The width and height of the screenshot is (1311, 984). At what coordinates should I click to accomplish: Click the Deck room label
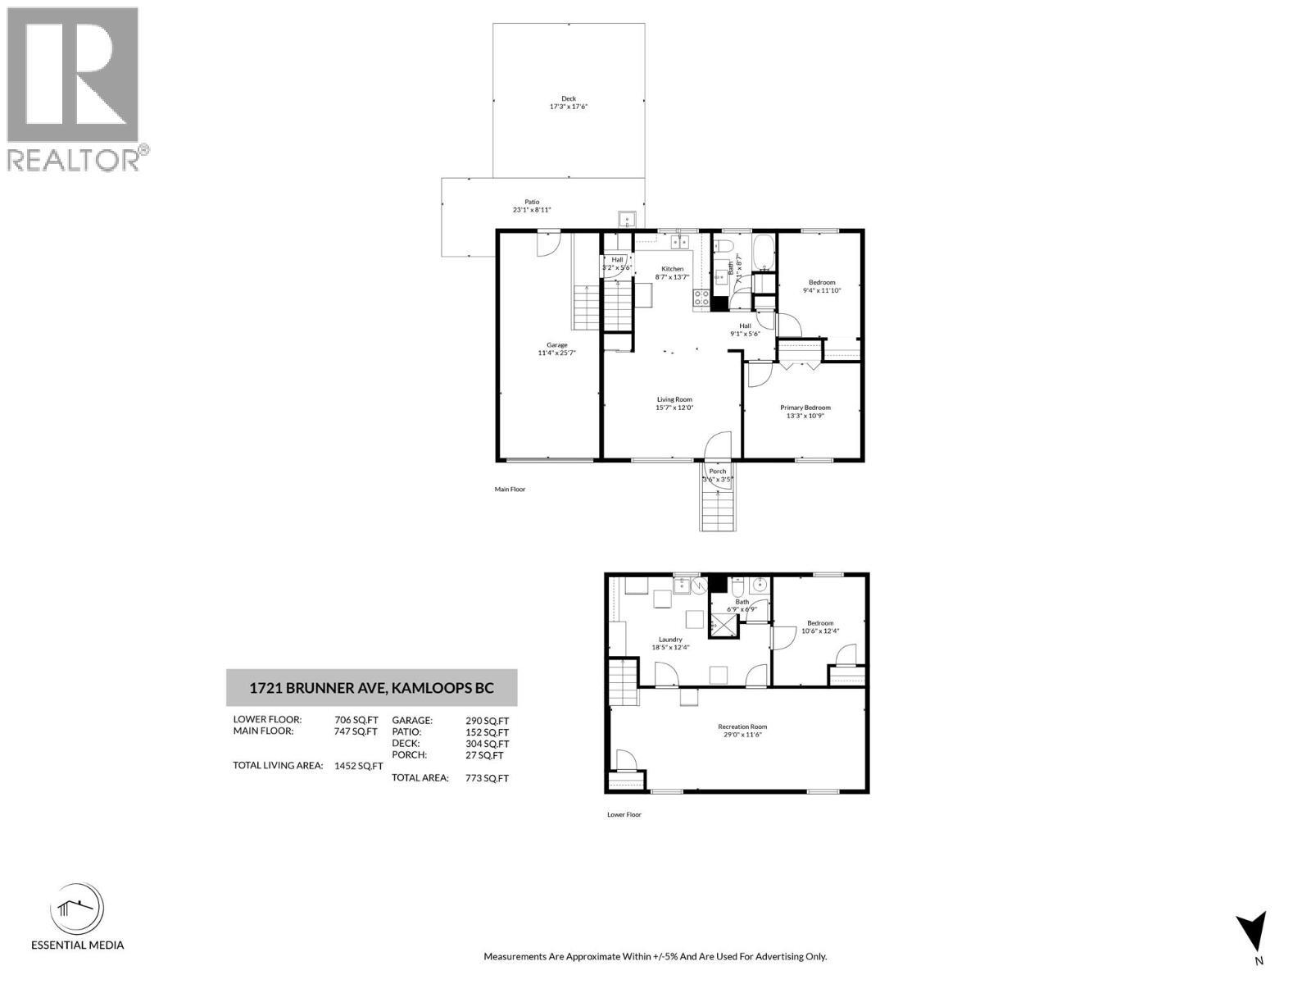tap(569, 98)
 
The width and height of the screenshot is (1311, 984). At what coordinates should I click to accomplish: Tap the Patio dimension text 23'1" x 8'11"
tap(532, 210)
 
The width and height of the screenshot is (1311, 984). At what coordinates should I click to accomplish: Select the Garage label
tap(557, 345)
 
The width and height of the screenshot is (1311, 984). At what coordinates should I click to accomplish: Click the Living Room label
tap(674, 400)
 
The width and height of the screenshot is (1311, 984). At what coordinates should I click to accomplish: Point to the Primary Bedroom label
tap(805, 408)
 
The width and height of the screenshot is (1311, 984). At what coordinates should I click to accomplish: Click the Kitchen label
tap(673, 269)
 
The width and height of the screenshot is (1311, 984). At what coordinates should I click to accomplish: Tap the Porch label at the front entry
tap(718, 471)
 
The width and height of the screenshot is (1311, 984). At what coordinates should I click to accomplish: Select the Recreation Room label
tap(742, 727)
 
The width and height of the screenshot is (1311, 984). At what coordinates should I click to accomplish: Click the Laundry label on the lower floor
tap(670, 640)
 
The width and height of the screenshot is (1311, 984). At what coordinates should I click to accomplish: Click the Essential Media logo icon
tap(77, 908)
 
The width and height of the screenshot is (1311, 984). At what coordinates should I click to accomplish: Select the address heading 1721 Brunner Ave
tap(371, 688)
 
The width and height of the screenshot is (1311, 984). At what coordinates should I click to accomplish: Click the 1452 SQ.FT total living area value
tap(358, 766)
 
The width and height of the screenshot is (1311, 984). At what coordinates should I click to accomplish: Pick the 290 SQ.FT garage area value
tap(487, 721)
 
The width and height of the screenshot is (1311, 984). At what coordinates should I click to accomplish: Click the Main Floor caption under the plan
tap(510, 490)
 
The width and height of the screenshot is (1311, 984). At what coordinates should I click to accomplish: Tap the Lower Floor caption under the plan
tap(624, 814)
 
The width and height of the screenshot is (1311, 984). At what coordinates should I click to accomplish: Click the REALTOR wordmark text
tap(74, 160)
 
